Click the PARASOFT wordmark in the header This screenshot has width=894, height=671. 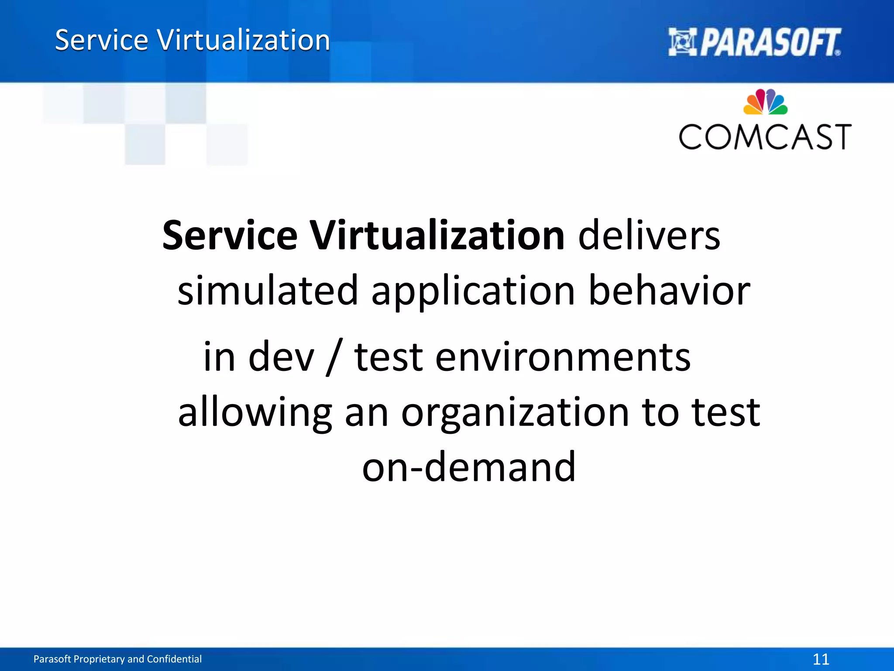771,42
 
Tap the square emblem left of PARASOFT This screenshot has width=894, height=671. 683,42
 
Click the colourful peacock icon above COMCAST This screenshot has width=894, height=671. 765,102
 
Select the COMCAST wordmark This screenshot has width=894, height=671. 765,137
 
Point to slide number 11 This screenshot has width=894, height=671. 821,659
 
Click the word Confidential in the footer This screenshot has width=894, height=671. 174,659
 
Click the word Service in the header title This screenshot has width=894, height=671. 102,40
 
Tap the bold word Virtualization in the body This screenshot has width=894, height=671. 437,236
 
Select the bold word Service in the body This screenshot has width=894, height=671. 230,236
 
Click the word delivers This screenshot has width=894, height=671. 649,236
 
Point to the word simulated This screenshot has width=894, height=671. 268,291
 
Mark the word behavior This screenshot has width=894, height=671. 669,291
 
